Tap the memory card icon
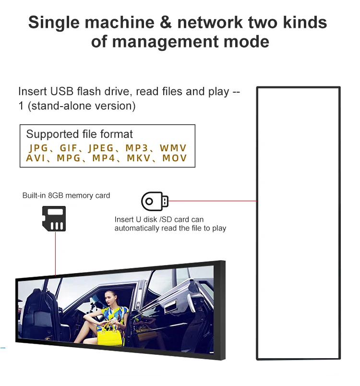(x=54, y=219)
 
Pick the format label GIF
(x=68, y=148)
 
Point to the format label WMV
(x=173, y=148)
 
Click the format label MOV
(x=175, y=158)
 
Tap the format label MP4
(x=104, y=158)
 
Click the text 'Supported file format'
(x=79, y=134)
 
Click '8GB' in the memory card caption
(x=56, y=195)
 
